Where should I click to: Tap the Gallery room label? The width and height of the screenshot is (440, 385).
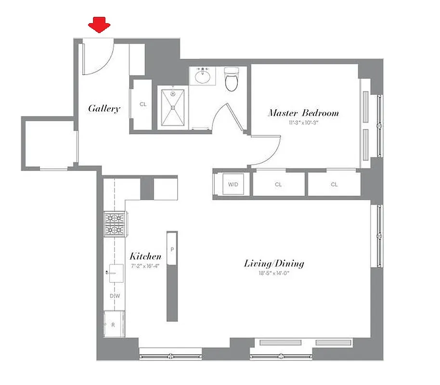pyautogui.click(x=104, y=109)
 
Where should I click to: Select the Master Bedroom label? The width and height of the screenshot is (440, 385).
pyautogui.click(x=303, y=114)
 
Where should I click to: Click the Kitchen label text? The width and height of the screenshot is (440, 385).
pyautogui.click(x=145, y=257)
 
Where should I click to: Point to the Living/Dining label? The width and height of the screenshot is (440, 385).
pyautogui.click(x=274, y=264)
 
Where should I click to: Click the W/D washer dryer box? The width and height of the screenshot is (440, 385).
pyautogui.click(x=233, y=184)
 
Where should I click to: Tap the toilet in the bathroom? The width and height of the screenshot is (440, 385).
pyautogui.click(x=232, y=80)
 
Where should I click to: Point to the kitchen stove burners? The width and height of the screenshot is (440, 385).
pyautogui.click(x=116, y=224)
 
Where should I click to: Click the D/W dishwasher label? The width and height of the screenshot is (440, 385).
pyautogui.click(x=114, y=296)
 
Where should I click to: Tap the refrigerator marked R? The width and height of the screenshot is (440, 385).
pyautogui.click(x=114, y=325)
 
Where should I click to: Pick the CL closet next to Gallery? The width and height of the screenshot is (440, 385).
pyautogui.click(x=142, y=104)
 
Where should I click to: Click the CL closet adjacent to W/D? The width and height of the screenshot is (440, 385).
pyautogui.click(x=278, y=184)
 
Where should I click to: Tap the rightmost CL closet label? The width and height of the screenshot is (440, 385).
pyautogui.click(x=334, y=184)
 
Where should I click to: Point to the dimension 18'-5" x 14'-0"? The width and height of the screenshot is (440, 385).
pyautogui.click(x=274, y=273)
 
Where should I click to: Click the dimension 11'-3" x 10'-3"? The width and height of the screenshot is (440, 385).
pyautogui.click(x=303, y=123)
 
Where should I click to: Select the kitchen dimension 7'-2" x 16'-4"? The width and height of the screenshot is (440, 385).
pyautogui.click(x=145, y=266)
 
